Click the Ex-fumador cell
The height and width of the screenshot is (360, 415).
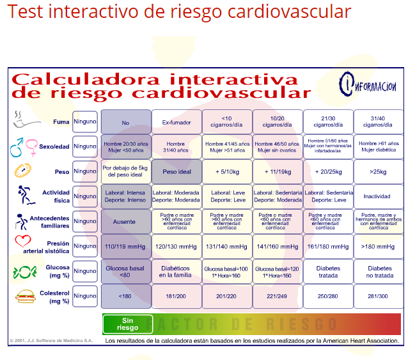pos(176,121)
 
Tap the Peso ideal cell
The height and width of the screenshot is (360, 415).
pos(176,171)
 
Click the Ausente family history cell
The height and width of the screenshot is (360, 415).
pos(125,221)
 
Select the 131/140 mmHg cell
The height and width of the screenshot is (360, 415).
pos(227,246)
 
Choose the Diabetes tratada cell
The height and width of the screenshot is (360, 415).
pos(327,271)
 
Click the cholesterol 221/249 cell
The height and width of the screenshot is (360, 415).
pos(277,296)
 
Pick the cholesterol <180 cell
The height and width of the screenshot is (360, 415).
pos(125,296)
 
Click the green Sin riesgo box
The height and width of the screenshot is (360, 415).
pos(127,324)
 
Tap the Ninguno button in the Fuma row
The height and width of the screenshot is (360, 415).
pos(85,121)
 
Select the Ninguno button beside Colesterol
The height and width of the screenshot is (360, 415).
pos(85,296)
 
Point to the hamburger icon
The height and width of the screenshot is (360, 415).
pos(24,297)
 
